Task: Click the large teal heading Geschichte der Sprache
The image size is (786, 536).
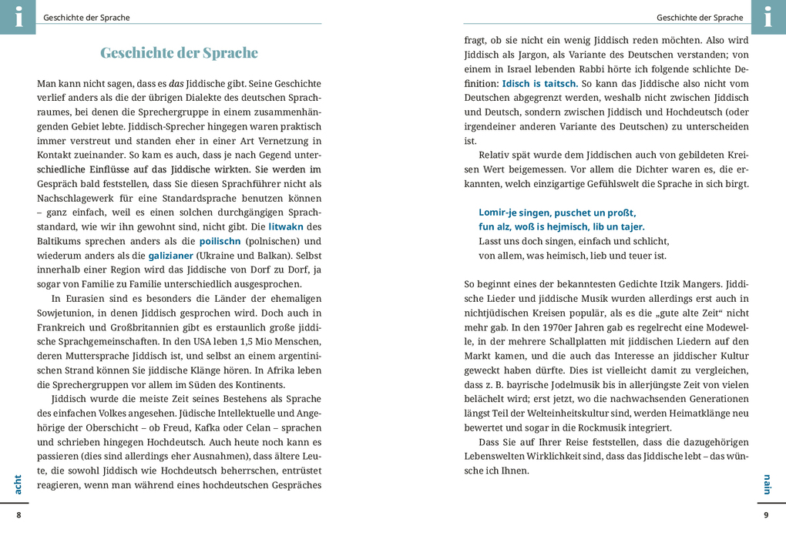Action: pyautogui.click(x=179, y=53)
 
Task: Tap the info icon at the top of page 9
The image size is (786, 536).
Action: pyautogui.click(x=768, y=16)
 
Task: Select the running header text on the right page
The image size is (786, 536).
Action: pyautogui.click(x=699, y=18)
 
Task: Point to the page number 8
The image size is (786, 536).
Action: pyautogui.click(x=19, y=515)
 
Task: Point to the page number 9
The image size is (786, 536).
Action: pyautogui.click(x=766, y=515)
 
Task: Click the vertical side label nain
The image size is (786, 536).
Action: pyautogui.click(x=767, y=484)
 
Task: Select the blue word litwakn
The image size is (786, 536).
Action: pyautogui.click(x=285, y=227)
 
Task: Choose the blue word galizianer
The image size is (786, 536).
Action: pyautogui.click(x=171, y=256)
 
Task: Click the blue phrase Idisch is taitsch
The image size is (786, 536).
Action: pyautogui.click(x=539, y=83)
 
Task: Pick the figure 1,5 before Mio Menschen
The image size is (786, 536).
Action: pyautogui.click(x=239, y=341)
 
